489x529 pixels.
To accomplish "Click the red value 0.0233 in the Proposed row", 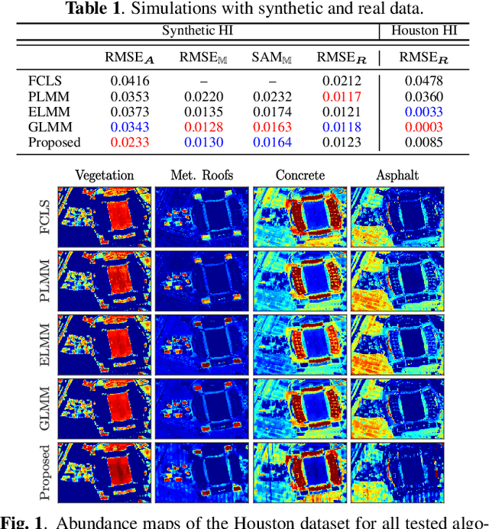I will point(126,142).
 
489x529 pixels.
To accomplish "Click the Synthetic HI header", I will point(196,31).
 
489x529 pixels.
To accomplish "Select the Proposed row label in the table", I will point(54,142).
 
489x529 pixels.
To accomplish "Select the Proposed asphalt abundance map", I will point(397,473).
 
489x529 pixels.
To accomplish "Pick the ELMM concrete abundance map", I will point(300,344).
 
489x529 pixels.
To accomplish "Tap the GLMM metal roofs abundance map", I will point(202,408).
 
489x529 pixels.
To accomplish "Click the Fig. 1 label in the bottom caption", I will point(22,522).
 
